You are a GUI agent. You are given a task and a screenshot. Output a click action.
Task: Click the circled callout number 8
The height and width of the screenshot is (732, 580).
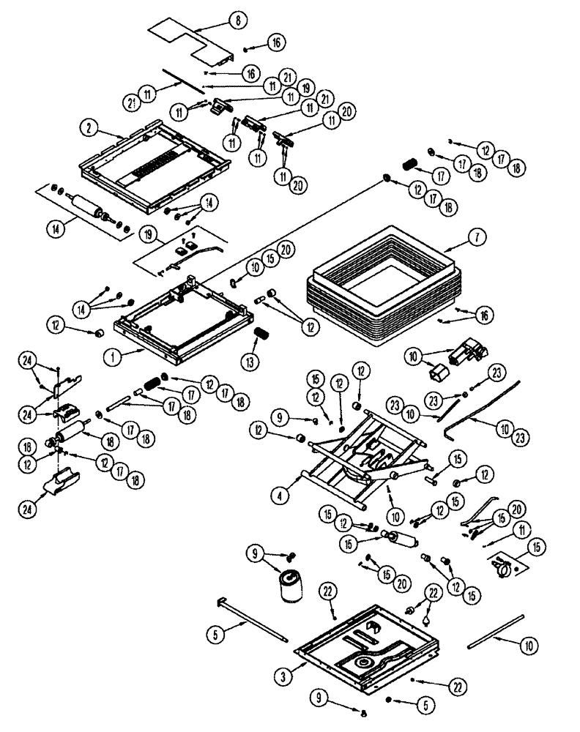pyautogui.click(x=237, y=20)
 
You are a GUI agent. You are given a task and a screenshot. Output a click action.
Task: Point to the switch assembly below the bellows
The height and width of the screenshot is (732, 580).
pyautogui.click(x=458, y=358)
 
